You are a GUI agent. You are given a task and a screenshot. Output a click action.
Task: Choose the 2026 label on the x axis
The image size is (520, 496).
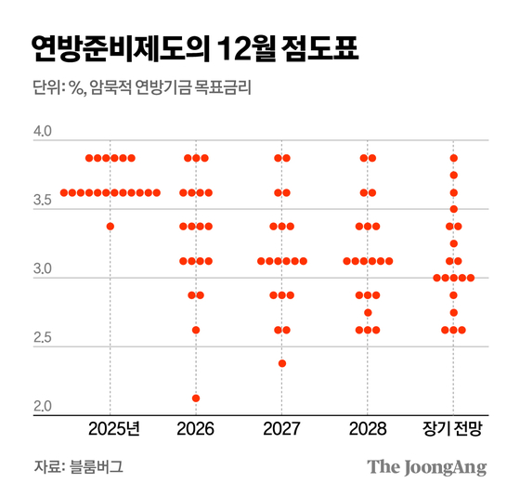click(x=195, y=430)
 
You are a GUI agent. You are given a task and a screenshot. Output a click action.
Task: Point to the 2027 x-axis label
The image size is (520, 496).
click(x=282, y=430)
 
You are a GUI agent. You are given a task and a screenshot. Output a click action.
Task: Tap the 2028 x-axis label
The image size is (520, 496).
click(x=368, y=430)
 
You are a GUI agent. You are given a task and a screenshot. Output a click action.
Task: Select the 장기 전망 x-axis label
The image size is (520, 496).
click(x=452, y=430)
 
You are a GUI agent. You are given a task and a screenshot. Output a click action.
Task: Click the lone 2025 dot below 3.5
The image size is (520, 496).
click(x=110, y=227)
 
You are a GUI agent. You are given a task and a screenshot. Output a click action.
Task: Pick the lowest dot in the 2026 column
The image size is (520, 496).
click(x=196, y=398)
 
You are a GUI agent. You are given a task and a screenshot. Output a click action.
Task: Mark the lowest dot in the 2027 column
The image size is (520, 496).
click(x=282, y=363)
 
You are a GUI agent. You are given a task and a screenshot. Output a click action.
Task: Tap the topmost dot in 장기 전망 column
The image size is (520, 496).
click(x=454, y=158)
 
